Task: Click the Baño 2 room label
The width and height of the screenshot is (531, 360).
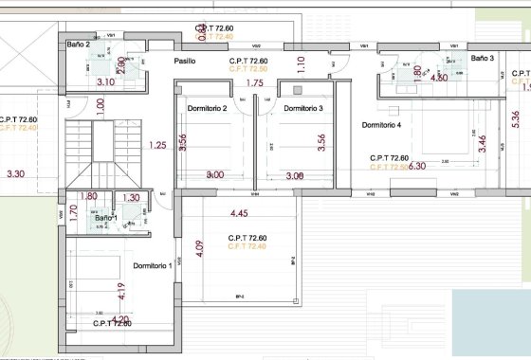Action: (x=78, y=45)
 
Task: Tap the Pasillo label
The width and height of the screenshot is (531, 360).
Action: (x=184, y=61)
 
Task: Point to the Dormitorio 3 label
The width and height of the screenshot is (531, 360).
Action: (x=302, y=109)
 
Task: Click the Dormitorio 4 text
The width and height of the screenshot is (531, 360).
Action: (x=381, y=125)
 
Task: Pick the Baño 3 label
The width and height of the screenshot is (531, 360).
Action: (x=484, y=59)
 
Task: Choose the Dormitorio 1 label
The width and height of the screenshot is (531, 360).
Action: (x=152, y=265)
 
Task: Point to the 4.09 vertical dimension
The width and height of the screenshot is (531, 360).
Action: (x=198, y=251)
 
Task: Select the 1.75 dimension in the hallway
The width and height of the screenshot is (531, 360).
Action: (x=254, y=83)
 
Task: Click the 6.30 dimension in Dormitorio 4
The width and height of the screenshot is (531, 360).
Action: (x=416, y=166)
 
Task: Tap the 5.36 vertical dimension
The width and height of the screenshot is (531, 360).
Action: (x=515, y=118)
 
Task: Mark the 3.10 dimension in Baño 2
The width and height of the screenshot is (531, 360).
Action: (x=105, y=82)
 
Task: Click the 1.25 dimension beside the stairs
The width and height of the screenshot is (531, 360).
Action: (x=158, y=145)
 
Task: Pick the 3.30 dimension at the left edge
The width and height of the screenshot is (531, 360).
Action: (x=15, y=174)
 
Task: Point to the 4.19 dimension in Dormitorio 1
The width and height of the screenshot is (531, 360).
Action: (x=121, y=290)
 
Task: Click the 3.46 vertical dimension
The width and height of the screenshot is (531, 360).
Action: (x=483, y=145)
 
